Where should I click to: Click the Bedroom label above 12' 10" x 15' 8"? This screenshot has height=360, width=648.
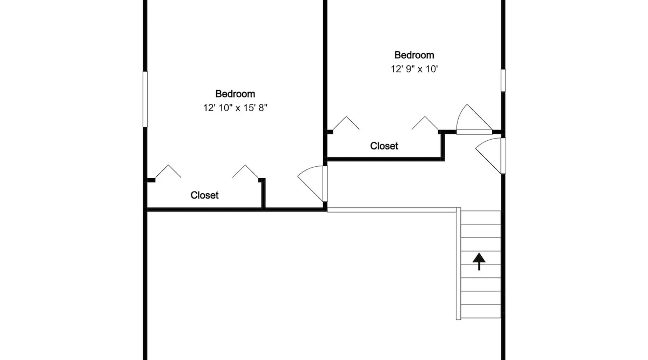(235, 94)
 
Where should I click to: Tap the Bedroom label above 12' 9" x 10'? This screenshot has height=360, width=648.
(414, 55)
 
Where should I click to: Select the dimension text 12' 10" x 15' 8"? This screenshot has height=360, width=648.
(235, 108)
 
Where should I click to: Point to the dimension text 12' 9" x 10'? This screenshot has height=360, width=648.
(414, 69)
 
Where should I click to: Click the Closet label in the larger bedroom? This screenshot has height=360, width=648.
(204, 195)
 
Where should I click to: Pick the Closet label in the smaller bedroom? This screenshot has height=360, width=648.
(384, 146)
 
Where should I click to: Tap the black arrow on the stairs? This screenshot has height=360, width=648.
(479, 261)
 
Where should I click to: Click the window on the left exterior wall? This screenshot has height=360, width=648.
(145, 99)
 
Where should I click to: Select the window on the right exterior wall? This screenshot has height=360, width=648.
(503, 80)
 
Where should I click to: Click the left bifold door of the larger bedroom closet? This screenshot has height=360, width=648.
(168, 171)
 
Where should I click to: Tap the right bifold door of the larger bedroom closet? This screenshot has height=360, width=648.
(245, 171)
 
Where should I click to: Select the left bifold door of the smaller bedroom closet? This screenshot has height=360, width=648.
(346, 123)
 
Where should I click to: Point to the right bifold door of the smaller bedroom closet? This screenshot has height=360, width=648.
(425, 123)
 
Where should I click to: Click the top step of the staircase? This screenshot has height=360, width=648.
(481, 217)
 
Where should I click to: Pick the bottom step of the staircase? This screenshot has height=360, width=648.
(481, 311)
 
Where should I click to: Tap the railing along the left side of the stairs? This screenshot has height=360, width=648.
(458, 264)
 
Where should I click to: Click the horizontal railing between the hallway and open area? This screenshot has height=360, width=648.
(392, 210)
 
